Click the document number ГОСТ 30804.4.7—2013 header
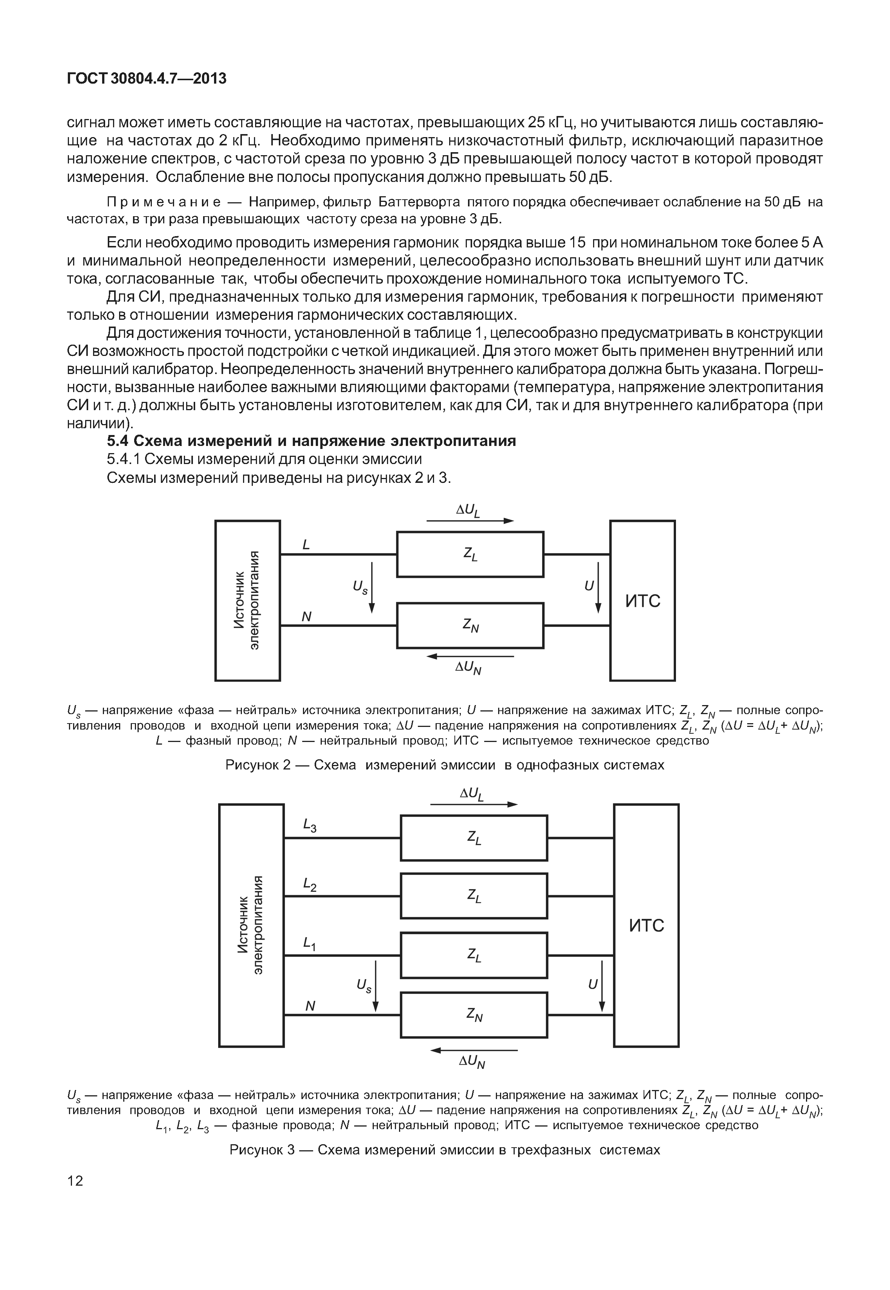pyautogui.click(x=146, y=79)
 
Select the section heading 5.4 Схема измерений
pyautogui.click(x=311, y=441)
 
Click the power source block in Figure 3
pyautogui.click(x=251, y=925)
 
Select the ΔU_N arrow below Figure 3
pyautogui.click(x=474, y=1050)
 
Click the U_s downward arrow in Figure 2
pyautogui.click(x=372, y=588)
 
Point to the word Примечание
pyautogui.click(x=164, y=202)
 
